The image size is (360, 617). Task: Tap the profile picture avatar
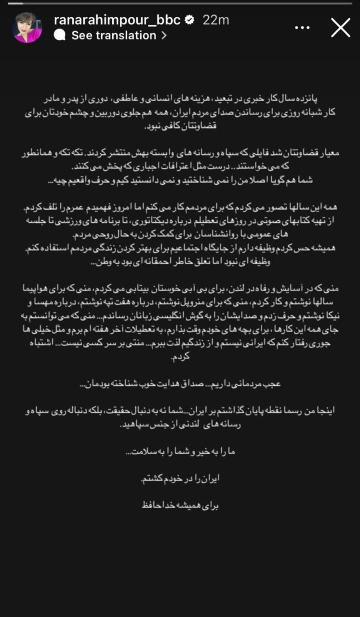pos(27,28)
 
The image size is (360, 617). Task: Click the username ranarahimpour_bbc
pos(117,20)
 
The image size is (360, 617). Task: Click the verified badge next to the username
pos(190,20)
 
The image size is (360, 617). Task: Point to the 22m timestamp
pos(216,20)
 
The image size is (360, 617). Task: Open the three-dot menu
pos(302,27)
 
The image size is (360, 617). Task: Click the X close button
pos(341,27)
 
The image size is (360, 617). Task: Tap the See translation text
pos(114,35)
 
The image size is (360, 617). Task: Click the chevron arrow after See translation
pos(164,35)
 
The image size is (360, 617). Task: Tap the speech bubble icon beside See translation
pos(60,35)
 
